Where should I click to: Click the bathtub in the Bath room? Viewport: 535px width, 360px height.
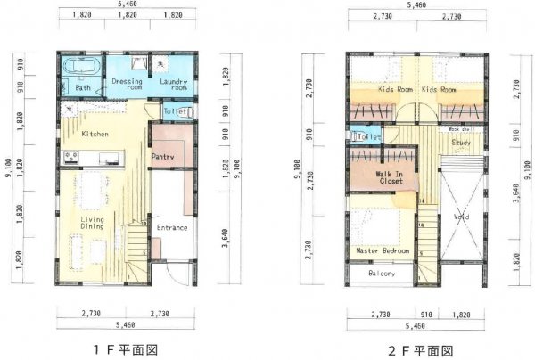click(x=81, y=67)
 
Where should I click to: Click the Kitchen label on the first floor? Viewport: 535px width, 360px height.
click(x=95, y=134)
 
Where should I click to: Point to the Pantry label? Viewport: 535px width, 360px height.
click(x=162, y=157)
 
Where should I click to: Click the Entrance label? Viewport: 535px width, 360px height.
click(x=172, y=227)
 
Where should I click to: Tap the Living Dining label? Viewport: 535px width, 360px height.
click(x=92, y=223)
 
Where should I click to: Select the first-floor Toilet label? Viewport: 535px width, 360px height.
click(x=175, y=111)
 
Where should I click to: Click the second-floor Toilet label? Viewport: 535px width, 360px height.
click(x=366, y=136)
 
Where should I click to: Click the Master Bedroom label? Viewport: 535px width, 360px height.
click(x=383, y=251)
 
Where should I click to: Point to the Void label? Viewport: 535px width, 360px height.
click(x=461, y=215)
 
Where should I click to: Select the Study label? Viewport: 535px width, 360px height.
click(x=461, y=142)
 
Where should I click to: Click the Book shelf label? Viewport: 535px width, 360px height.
click(x=461, y=129)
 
